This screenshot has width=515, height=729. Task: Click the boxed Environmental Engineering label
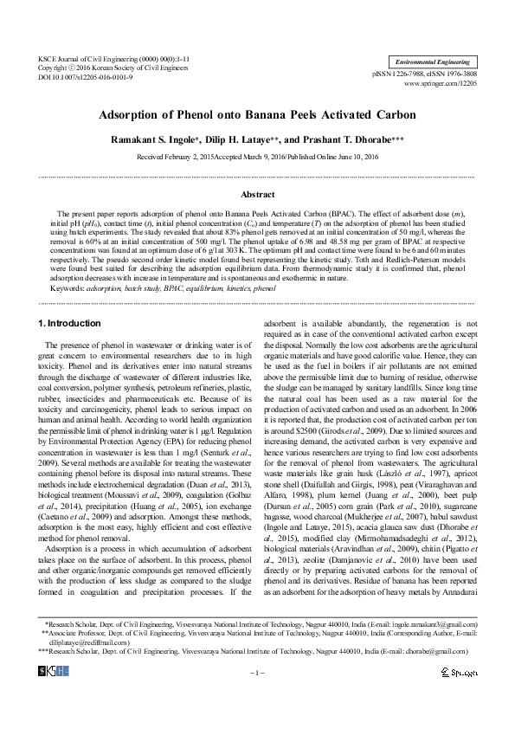[x=432, y=62]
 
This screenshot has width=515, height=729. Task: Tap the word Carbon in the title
[x=394, y=114]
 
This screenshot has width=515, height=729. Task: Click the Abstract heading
[x=257, y=195]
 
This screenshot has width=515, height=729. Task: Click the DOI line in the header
[x=85, y=77]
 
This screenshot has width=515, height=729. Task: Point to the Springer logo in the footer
[x=458, y=696]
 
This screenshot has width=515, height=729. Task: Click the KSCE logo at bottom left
[x=57, y=695]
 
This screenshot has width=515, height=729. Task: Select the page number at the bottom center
[x=257, y=697]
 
